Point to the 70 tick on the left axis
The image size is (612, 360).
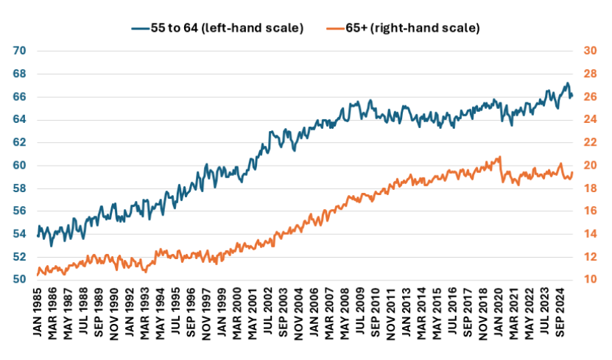click(x=20, y=51)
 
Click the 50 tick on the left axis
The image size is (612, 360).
click(x=20, y=280)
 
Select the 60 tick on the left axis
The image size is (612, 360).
click(x=20, y=166)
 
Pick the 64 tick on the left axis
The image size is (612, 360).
click(x=20, y=119)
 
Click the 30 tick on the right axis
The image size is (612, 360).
click(x=589, y=51)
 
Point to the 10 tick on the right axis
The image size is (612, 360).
click(x=589, y=280)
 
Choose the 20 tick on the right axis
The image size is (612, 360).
click(x=589, y=166)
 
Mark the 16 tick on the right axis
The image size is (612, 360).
click(x=589, y=211)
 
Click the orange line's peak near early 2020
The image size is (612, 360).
click(x=500, y=157)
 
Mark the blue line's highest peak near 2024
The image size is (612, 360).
click(x=566, y=83)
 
